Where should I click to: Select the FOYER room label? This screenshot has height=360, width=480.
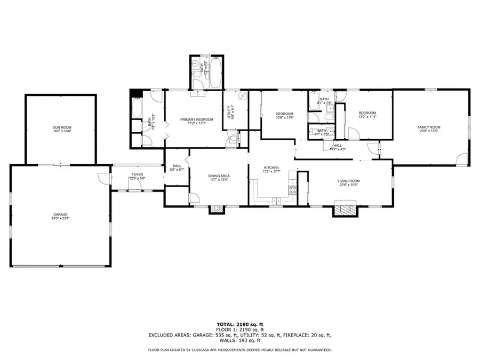click(x=137, y=174)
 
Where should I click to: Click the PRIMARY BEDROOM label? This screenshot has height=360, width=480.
click(x=193, y=119)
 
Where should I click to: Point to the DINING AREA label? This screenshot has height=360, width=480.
click(x=219, y=175)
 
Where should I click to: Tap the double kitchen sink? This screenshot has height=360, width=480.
click(x=276, y=201)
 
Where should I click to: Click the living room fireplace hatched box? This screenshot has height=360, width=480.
click(x=343, y=209)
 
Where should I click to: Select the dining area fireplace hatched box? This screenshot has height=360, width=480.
click(x=216, y=210)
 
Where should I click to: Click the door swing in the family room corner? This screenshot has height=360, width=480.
click(x=462, y=158)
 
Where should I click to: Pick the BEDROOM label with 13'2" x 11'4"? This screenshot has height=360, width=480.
click(x=367, y=113)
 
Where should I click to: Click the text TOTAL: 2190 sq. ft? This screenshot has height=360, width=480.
click(x=239, y=324)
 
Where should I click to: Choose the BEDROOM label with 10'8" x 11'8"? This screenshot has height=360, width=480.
click(x=284, y=114)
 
